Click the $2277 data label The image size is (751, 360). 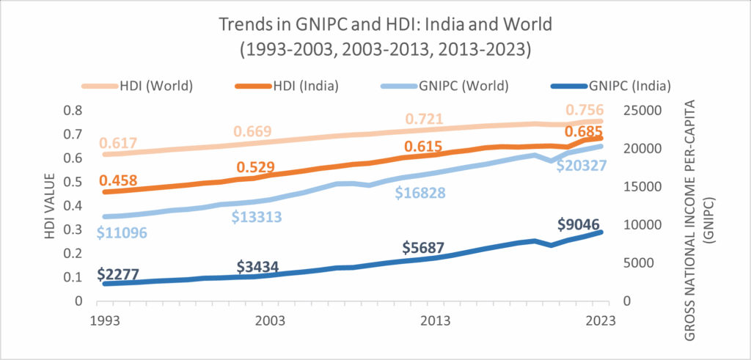[120, 275]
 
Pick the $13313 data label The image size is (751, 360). [257, 217]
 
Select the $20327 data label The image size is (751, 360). [581, 166]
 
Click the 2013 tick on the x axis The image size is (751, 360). [436, 321]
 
